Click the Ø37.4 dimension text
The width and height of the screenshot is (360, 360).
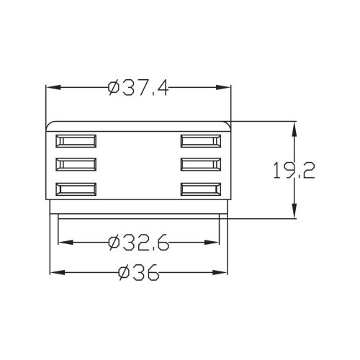click(x=138, y=88)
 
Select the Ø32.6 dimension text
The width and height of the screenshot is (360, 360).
click(x=138, y=243)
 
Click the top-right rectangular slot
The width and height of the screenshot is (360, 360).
click(x=202, y=140)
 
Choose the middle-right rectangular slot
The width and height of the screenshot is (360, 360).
click(x=202, y=164)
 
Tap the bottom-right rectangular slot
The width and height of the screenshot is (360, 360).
click(x=202, y=189)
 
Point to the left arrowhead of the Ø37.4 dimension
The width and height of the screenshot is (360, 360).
click(x=51, y=88)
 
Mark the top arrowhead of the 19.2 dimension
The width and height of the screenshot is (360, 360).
click(x=295, y=126)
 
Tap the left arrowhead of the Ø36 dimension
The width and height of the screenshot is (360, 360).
click(x=54, y=273)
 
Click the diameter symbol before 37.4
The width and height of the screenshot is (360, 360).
click(x=114, y=88)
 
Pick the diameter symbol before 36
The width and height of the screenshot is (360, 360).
click(x=122, y=273)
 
